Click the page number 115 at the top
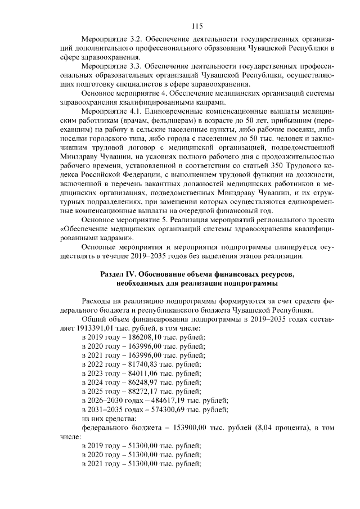click(x=196, y=26)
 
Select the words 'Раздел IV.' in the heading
click(x=118, y=274)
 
